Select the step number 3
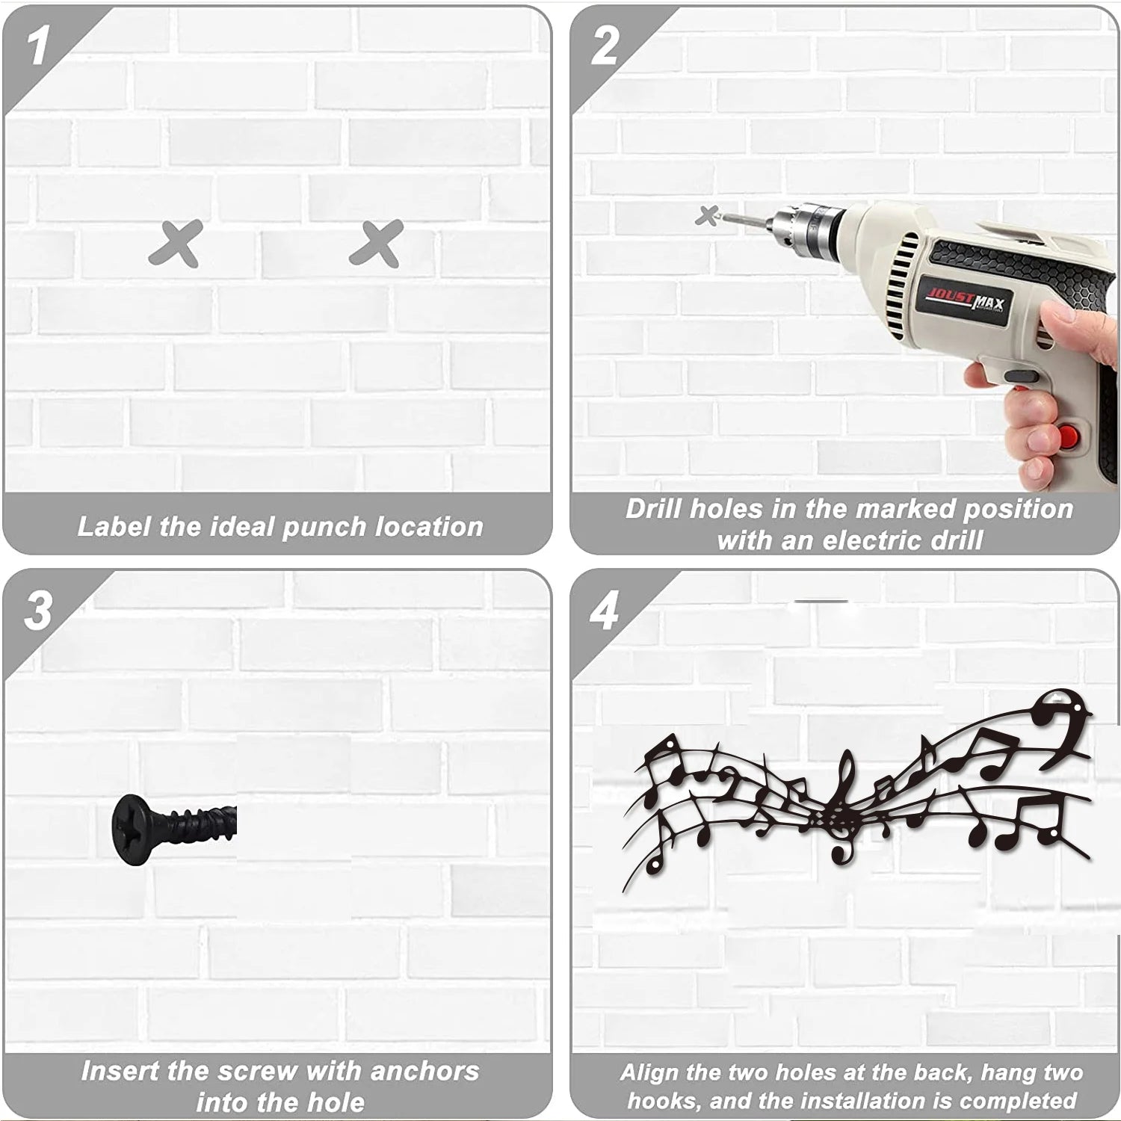(37, 611)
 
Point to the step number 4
(604, 612)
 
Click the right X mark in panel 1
(377, 244)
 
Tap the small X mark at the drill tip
(706, 216)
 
